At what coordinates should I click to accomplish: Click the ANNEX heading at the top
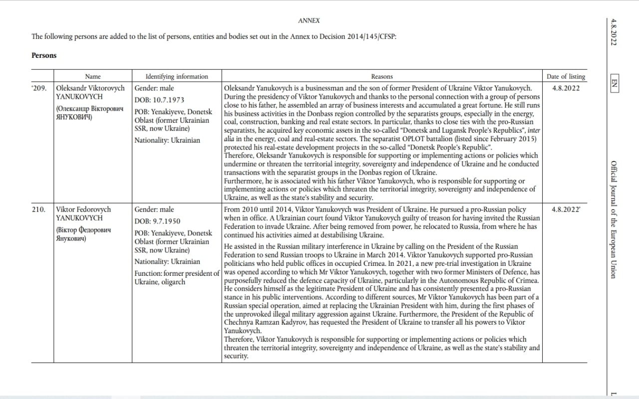pyautogui.click(x=309, y=20)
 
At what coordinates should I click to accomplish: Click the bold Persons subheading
pyautogui.click(x=44, y=55)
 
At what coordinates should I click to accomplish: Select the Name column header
pyautogui.click(x=93, y=76)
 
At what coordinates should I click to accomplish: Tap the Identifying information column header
pyautogui.click(x=177, y=76)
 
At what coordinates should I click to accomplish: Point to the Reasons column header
pyautogui.click(x=382, y=76)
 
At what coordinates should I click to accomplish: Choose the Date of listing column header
pyautogui.click(x=566, y=76)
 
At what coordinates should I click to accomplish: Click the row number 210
pyautogui.click(x=39, y=209)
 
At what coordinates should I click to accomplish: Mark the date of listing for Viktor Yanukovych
pyautogui.click(x=566, y=209)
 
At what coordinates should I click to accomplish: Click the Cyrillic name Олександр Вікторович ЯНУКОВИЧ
pyautogui.click(x=89, y=113)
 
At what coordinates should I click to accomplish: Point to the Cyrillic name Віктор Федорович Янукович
pyautogui.click(x=83, y=234)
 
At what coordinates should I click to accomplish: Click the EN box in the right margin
pyautogui.click(x=614, y=83)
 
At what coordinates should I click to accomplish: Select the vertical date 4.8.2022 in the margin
pyautogui.click(x=614, y=32)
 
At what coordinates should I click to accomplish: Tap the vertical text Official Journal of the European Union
pyautogui.click(x=614, y=219)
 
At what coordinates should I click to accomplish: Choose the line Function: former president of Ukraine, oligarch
pyautogui.click(x=177, y=277)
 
